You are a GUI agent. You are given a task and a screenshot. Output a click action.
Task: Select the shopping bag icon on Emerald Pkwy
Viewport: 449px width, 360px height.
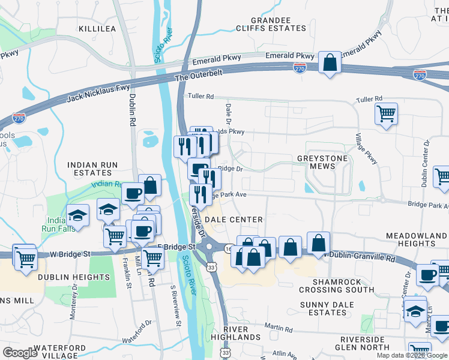click(x=330, y=62)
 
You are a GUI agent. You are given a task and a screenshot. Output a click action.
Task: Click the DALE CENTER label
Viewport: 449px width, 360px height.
click(x=234, y=220)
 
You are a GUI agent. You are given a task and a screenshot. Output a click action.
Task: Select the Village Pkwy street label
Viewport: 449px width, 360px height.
click(x=366, y=148)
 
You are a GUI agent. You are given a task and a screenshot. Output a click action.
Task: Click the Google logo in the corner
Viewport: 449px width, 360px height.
click(x=20, y=353)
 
